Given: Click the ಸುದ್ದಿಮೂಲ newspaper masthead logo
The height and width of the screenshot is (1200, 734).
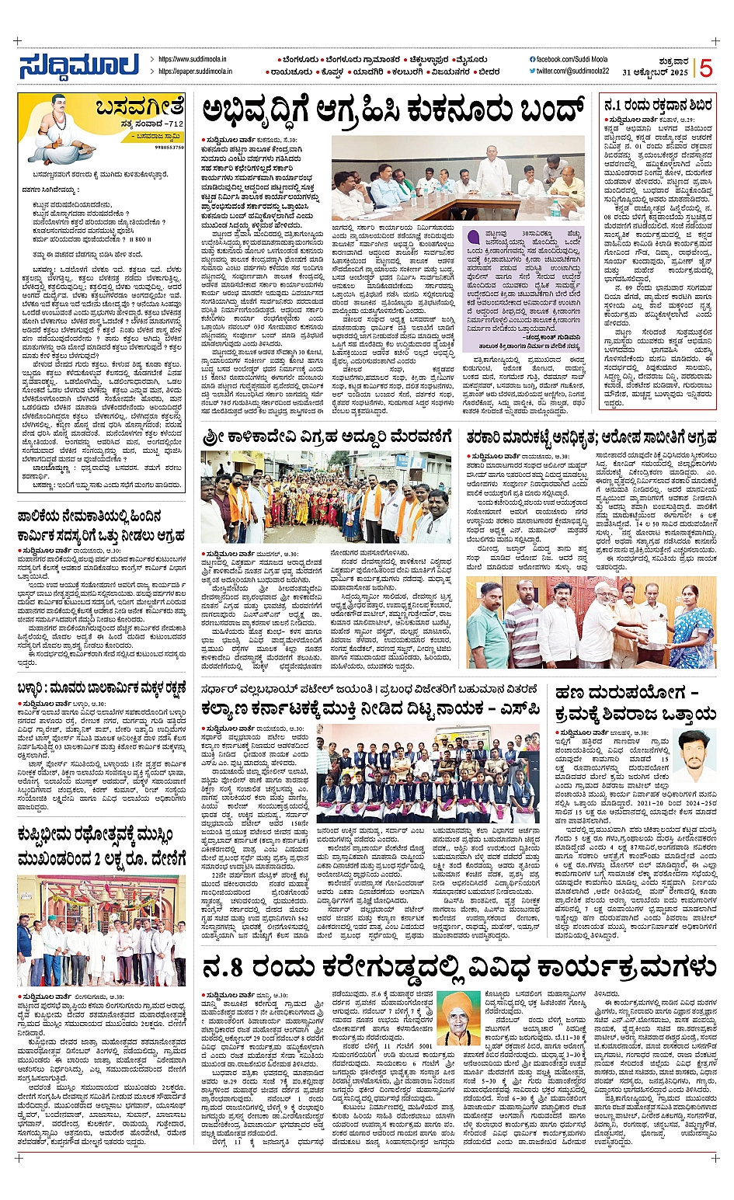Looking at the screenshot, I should [x=79, y=66].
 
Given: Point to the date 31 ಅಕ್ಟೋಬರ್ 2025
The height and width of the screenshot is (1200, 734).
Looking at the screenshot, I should [x=655, y=72].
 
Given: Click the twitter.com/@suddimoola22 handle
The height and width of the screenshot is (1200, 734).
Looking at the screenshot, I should [x=572, y=71].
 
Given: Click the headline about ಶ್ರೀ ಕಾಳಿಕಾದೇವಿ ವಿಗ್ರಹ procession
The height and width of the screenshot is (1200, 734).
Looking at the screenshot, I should [x=327, y=439].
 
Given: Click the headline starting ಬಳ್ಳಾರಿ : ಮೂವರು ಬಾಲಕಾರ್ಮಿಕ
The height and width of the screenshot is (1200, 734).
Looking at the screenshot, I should [x=101, y=689].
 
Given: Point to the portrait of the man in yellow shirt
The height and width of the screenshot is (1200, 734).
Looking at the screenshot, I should [x=694, y=755].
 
